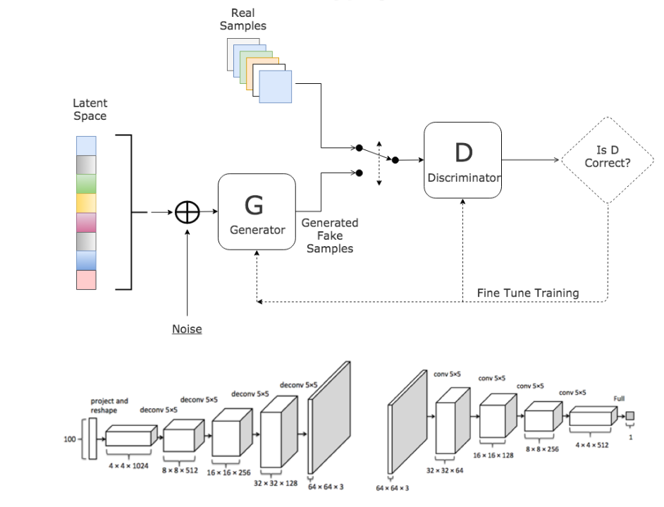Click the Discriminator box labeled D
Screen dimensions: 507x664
[x=462, y=161]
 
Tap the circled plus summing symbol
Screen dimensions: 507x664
[x=187, y=212]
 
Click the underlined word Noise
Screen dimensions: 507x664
[x=187, y=329]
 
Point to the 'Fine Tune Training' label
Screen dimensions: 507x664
[x=527, y=293]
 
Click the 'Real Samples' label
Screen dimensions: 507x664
[x=243, y=20]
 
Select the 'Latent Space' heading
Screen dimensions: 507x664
[x=90, y=109]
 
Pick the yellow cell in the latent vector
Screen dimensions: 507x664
[x=86, y=203]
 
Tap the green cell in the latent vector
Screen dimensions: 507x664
[x=86, y=184]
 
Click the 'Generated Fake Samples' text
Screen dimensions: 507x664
[x=330, y=236]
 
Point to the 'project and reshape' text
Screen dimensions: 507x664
[x=109, y=405]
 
